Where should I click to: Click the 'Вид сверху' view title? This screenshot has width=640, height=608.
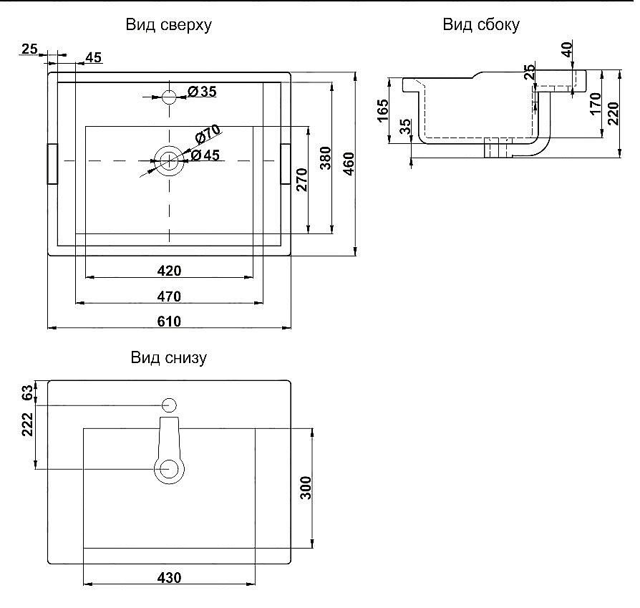[168, 25]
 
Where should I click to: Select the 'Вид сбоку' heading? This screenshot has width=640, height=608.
[481, 24]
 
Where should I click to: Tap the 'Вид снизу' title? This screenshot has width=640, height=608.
[168, 357]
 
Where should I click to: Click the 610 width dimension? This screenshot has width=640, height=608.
[169, 322]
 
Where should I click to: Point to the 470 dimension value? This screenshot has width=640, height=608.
[169, 296]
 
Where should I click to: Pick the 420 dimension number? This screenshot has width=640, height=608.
[169, 271]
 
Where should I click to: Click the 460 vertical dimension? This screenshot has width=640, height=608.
[349, 164]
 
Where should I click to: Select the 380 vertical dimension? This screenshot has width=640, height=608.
[325, 158]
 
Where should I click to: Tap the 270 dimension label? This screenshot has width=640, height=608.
[301, 180]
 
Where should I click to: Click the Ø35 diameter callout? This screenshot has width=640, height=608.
[202, 92]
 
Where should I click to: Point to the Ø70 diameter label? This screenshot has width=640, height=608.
[208, 133]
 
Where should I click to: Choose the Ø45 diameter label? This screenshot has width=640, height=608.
[205, 155]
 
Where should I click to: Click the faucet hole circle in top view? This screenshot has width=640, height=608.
[169, 97]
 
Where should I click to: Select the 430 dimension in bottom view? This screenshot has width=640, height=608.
[169, 578]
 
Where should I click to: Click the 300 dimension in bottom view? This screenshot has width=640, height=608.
[305, 488]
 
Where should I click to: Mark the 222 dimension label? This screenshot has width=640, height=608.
[27, 425]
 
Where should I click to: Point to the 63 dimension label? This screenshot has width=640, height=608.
[27, 393]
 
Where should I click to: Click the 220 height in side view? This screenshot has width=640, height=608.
[613, 114]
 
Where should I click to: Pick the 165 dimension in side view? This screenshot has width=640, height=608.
[383, 110]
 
